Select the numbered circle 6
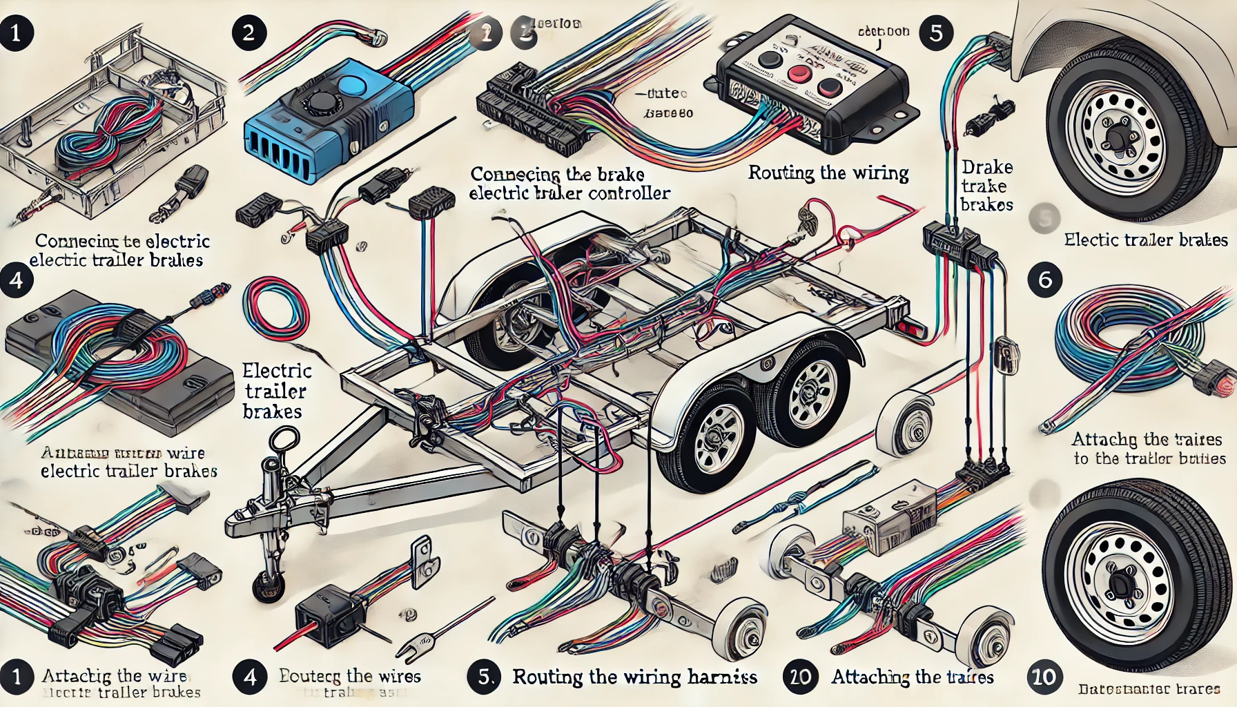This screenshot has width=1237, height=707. (1044, 280)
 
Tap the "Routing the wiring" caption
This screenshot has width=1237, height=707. (828, 173)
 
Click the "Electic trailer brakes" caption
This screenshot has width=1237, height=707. (1145, 240)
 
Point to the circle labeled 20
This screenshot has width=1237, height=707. (800, 676)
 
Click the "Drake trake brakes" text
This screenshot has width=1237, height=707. (986, 186)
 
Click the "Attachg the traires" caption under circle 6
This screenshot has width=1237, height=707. (1149, 449)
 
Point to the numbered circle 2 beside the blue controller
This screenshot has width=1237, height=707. (249, 32)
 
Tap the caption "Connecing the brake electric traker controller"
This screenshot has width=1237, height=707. (569, 183)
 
